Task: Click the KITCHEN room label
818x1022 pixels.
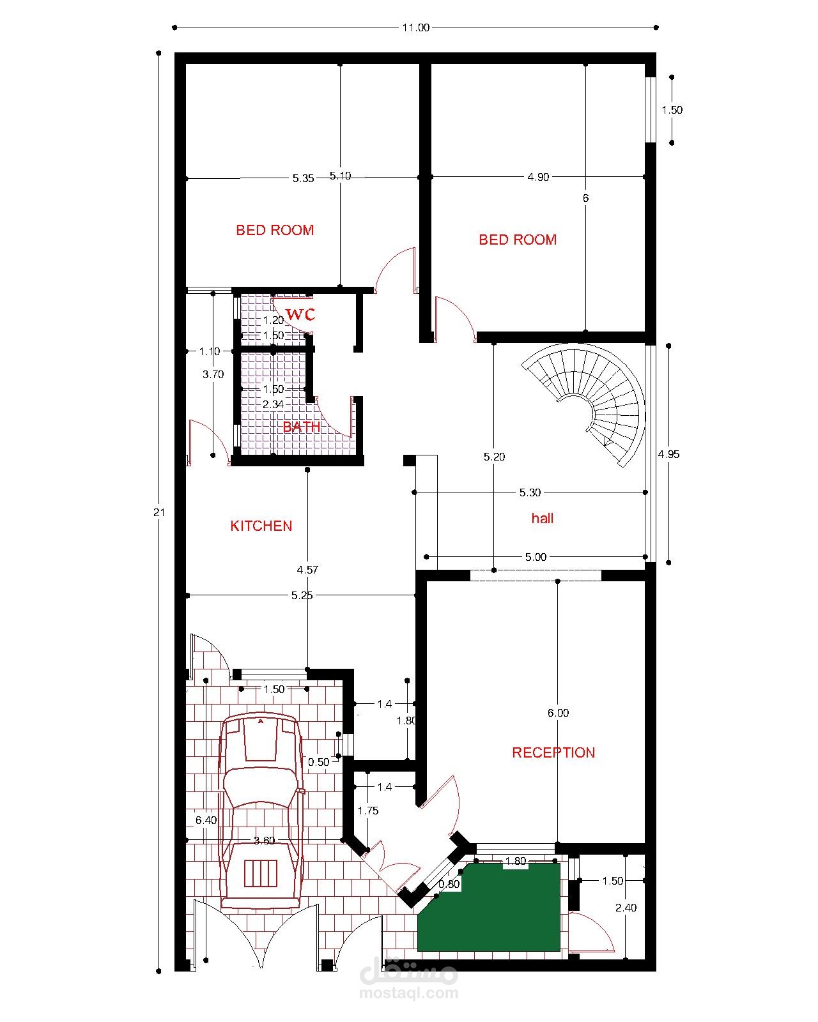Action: coord(261,526)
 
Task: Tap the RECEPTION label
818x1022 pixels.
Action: coord(553,752)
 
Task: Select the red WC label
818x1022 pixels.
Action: coord(300,314)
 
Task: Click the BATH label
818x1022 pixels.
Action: coord(302,427)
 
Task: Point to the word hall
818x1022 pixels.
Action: coord(543,518)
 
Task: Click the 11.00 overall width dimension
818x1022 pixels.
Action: coord(416,27)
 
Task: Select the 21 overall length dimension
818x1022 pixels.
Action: coord(158,512)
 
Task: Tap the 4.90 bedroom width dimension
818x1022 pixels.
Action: coord(538,177)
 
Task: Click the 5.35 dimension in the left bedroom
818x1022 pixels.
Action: coord(304,179)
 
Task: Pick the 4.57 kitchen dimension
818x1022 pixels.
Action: coord(307,569)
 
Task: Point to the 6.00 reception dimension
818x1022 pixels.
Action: coord(558,712)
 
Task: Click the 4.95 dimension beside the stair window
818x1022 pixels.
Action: coord(668,454)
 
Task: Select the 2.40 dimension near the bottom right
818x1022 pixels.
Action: coord(626,908)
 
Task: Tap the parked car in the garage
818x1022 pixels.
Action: coord(261,811)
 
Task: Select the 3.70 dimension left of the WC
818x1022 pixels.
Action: coord(213,374)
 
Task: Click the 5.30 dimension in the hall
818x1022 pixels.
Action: coord(530,492)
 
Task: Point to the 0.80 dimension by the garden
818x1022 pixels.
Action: coord(449,884)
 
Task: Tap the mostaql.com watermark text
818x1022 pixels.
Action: coord(409,993)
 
